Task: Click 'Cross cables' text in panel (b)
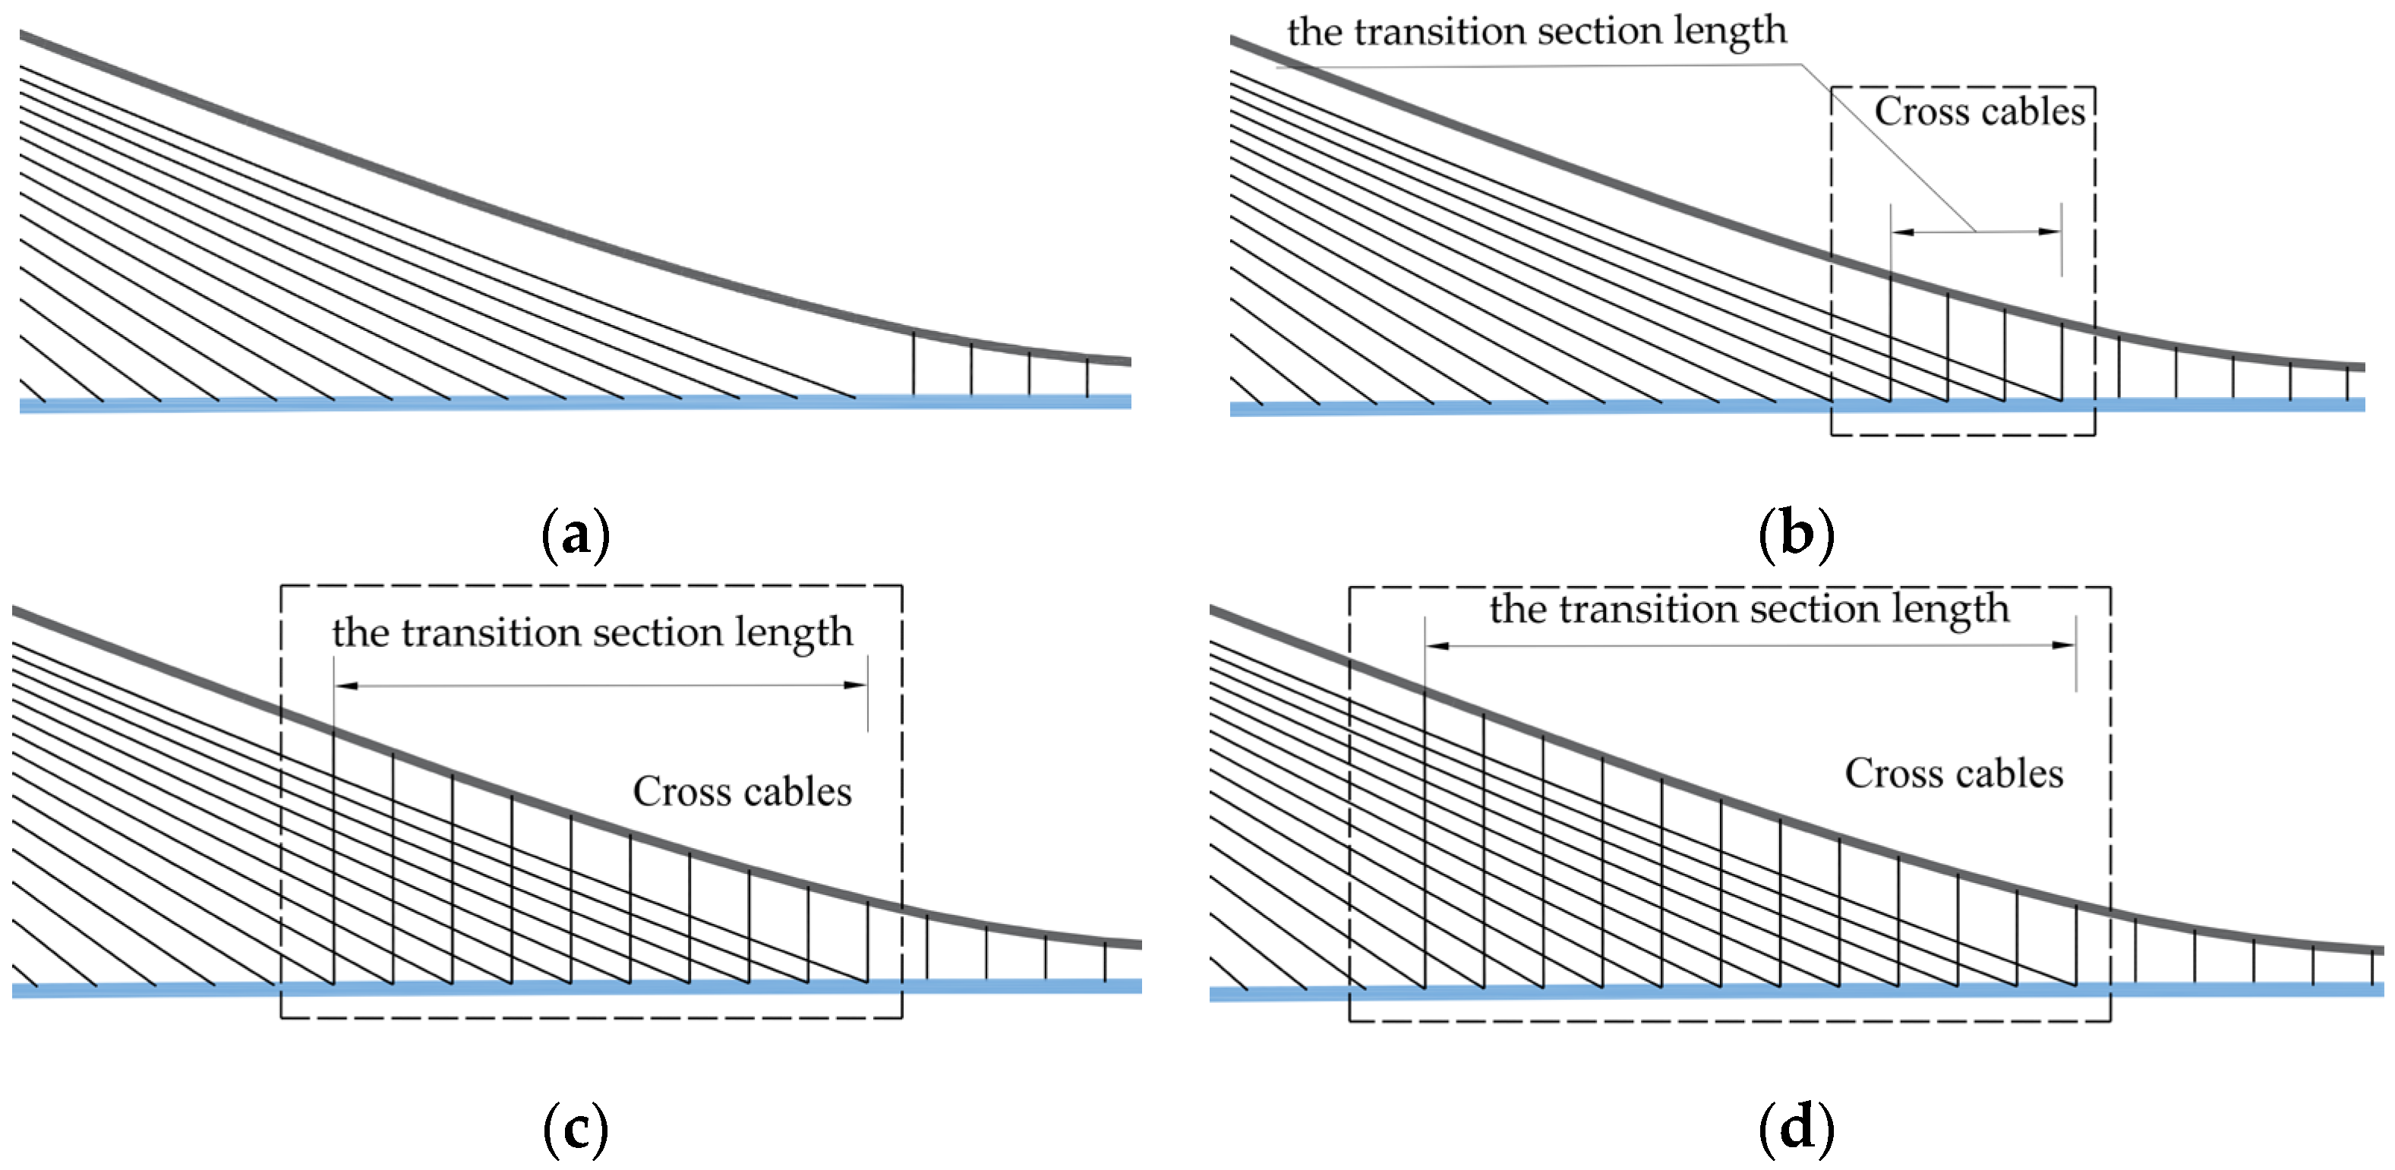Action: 1980,112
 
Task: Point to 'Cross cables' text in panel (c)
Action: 742,792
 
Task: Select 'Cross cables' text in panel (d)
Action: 1953,773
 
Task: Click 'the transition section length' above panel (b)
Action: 1536,30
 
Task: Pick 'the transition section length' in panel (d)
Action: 1749,610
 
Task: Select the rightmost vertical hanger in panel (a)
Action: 1087,377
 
